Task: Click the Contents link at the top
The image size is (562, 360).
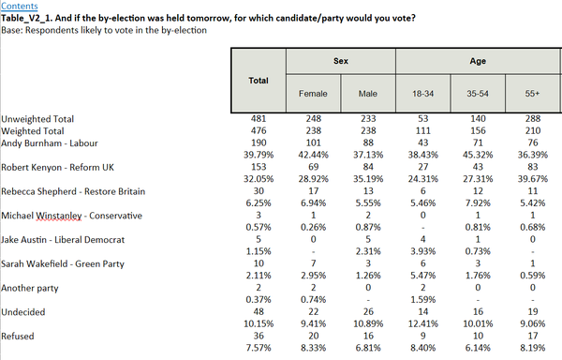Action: point(20,7)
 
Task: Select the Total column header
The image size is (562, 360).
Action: point(259,81)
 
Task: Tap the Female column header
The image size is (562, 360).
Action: point(313,94)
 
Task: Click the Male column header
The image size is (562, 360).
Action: point(368,94)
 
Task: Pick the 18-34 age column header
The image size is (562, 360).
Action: point(423,94)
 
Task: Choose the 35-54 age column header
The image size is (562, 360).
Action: point(478,94)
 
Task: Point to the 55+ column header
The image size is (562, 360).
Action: point(533,94)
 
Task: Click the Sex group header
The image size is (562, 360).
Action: point(341,61)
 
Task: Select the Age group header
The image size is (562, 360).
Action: point(478,61)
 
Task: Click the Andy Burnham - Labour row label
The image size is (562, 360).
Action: point(50,143)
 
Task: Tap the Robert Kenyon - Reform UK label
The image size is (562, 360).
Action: point(57,168)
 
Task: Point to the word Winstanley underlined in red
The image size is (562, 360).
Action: point(59,216)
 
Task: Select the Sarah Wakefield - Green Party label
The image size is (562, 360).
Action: point(63,263)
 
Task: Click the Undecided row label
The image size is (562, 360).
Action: point(22,312)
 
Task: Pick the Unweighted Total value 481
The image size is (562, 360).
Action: point(259,119)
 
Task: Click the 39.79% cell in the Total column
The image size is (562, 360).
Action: point(259,155)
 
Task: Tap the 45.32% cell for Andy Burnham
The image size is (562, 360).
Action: point(478,155)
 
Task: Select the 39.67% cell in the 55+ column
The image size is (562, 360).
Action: point(533,179)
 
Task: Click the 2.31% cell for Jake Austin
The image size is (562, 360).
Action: point(368,251)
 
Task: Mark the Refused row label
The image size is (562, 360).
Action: point(18,337)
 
